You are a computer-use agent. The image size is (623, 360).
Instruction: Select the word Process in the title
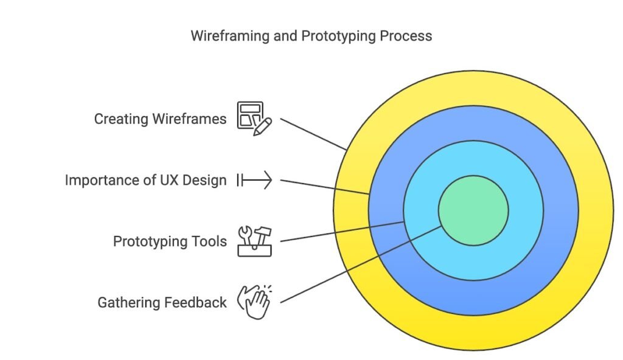pyautogui.click(x=406, y=36)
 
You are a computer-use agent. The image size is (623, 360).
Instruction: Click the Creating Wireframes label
pyautogui.click(x=160, y=119)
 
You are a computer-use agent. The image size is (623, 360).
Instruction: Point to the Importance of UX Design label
pyautogui.click(x=145, y=180)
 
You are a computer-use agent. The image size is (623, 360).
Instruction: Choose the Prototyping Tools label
pyautogui.click(x=170, y=241)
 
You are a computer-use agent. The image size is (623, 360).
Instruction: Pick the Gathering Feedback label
pyautogui.click(x=162, y=302)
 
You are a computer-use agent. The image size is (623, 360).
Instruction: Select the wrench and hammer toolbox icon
pyautogui.click(x=254, y=241)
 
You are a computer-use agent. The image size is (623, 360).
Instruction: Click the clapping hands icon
pyautogui.click(x=256, y=302)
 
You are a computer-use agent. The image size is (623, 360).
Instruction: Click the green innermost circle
pyautogui.click(x=473, y=210)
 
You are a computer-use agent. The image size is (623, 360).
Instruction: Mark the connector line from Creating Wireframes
pyautogui.click(x=313, y=134)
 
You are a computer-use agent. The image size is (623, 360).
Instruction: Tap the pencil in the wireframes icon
pyautogui.click(x=263, y=126)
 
